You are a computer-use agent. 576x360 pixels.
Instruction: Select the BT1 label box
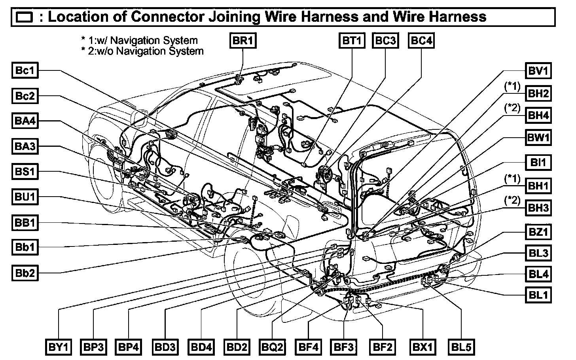351,41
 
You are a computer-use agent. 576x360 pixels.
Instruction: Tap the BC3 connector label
385,41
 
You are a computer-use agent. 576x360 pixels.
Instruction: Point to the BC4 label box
421,41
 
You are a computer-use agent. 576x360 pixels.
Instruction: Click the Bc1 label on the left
25,71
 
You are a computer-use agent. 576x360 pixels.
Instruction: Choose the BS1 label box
25,172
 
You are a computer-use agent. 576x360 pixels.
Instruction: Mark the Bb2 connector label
25,273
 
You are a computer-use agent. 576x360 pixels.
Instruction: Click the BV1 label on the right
538,71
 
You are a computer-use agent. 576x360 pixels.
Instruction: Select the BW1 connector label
538,138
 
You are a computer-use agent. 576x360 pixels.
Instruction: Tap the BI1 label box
538,162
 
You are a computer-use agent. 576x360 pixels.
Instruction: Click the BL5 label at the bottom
461,347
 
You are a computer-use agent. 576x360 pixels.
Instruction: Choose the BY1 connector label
59,347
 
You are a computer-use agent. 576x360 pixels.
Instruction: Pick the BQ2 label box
272,347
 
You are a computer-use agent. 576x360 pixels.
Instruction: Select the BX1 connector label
423,347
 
